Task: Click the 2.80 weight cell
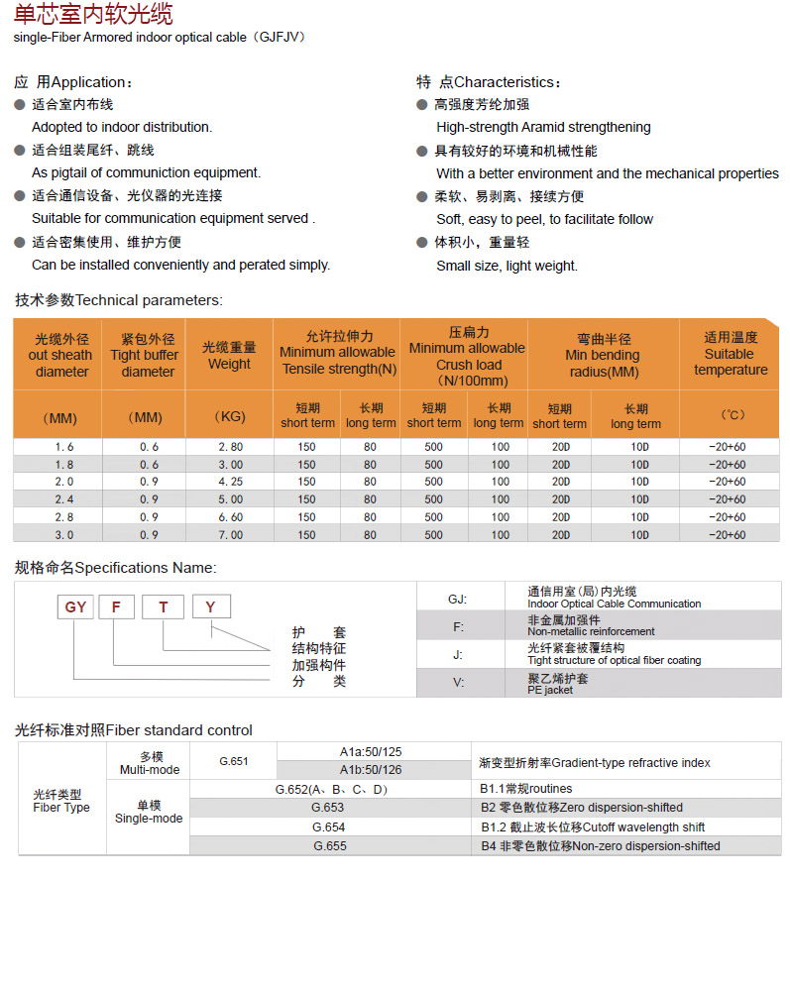[229, 447]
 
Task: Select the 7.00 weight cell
[229, 535]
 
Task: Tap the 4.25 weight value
[229, 482]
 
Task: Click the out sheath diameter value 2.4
[64, 499]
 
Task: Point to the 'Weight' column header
[229, 356]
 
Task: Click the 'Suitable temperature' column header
[731, 354]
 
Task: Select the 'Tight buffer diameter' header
[147, 356]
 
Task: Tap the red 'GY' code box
[76, 606]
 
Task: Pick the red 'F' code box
[115, 606]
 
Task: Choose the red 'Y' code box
[210, 606]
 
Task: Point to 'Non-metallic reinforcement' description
[591, 631]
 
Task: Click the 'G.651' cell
[234, 761]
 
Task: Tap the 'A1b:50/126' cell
[371, 770]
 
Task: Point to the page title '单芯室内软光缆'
[93, 15]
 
